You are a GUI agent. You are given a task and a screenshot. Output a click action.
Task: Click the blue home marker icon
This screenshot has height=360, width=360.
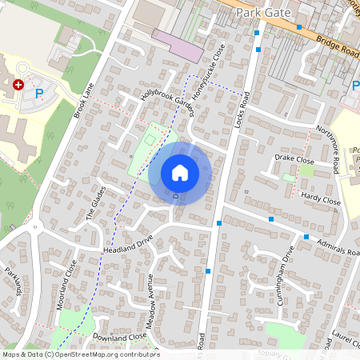(x=180, y=173)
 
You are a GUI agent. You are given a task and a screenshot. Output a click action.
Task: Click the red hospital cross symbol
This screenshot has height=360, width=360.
(x=18, y=83)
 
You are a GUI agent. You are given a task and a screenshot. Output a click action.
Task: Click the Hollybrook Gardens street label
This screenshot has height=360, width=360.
(x=167, y=102)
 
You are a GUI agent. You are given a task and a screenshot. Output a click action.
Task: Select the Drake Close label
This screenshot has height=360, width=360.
(x=294, y=160)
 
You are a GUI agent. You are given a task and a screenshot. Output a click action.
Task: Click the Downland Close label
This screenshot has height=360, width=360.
(x=119, y=338)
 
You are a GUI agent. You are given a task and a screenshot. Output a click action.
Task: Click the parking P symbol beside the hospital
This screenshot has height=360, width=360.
(x=39, y=94)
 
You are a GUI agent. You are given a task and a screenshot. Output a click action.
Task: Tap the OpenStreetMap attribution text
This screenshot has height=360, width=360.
(x=80, y=354)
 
